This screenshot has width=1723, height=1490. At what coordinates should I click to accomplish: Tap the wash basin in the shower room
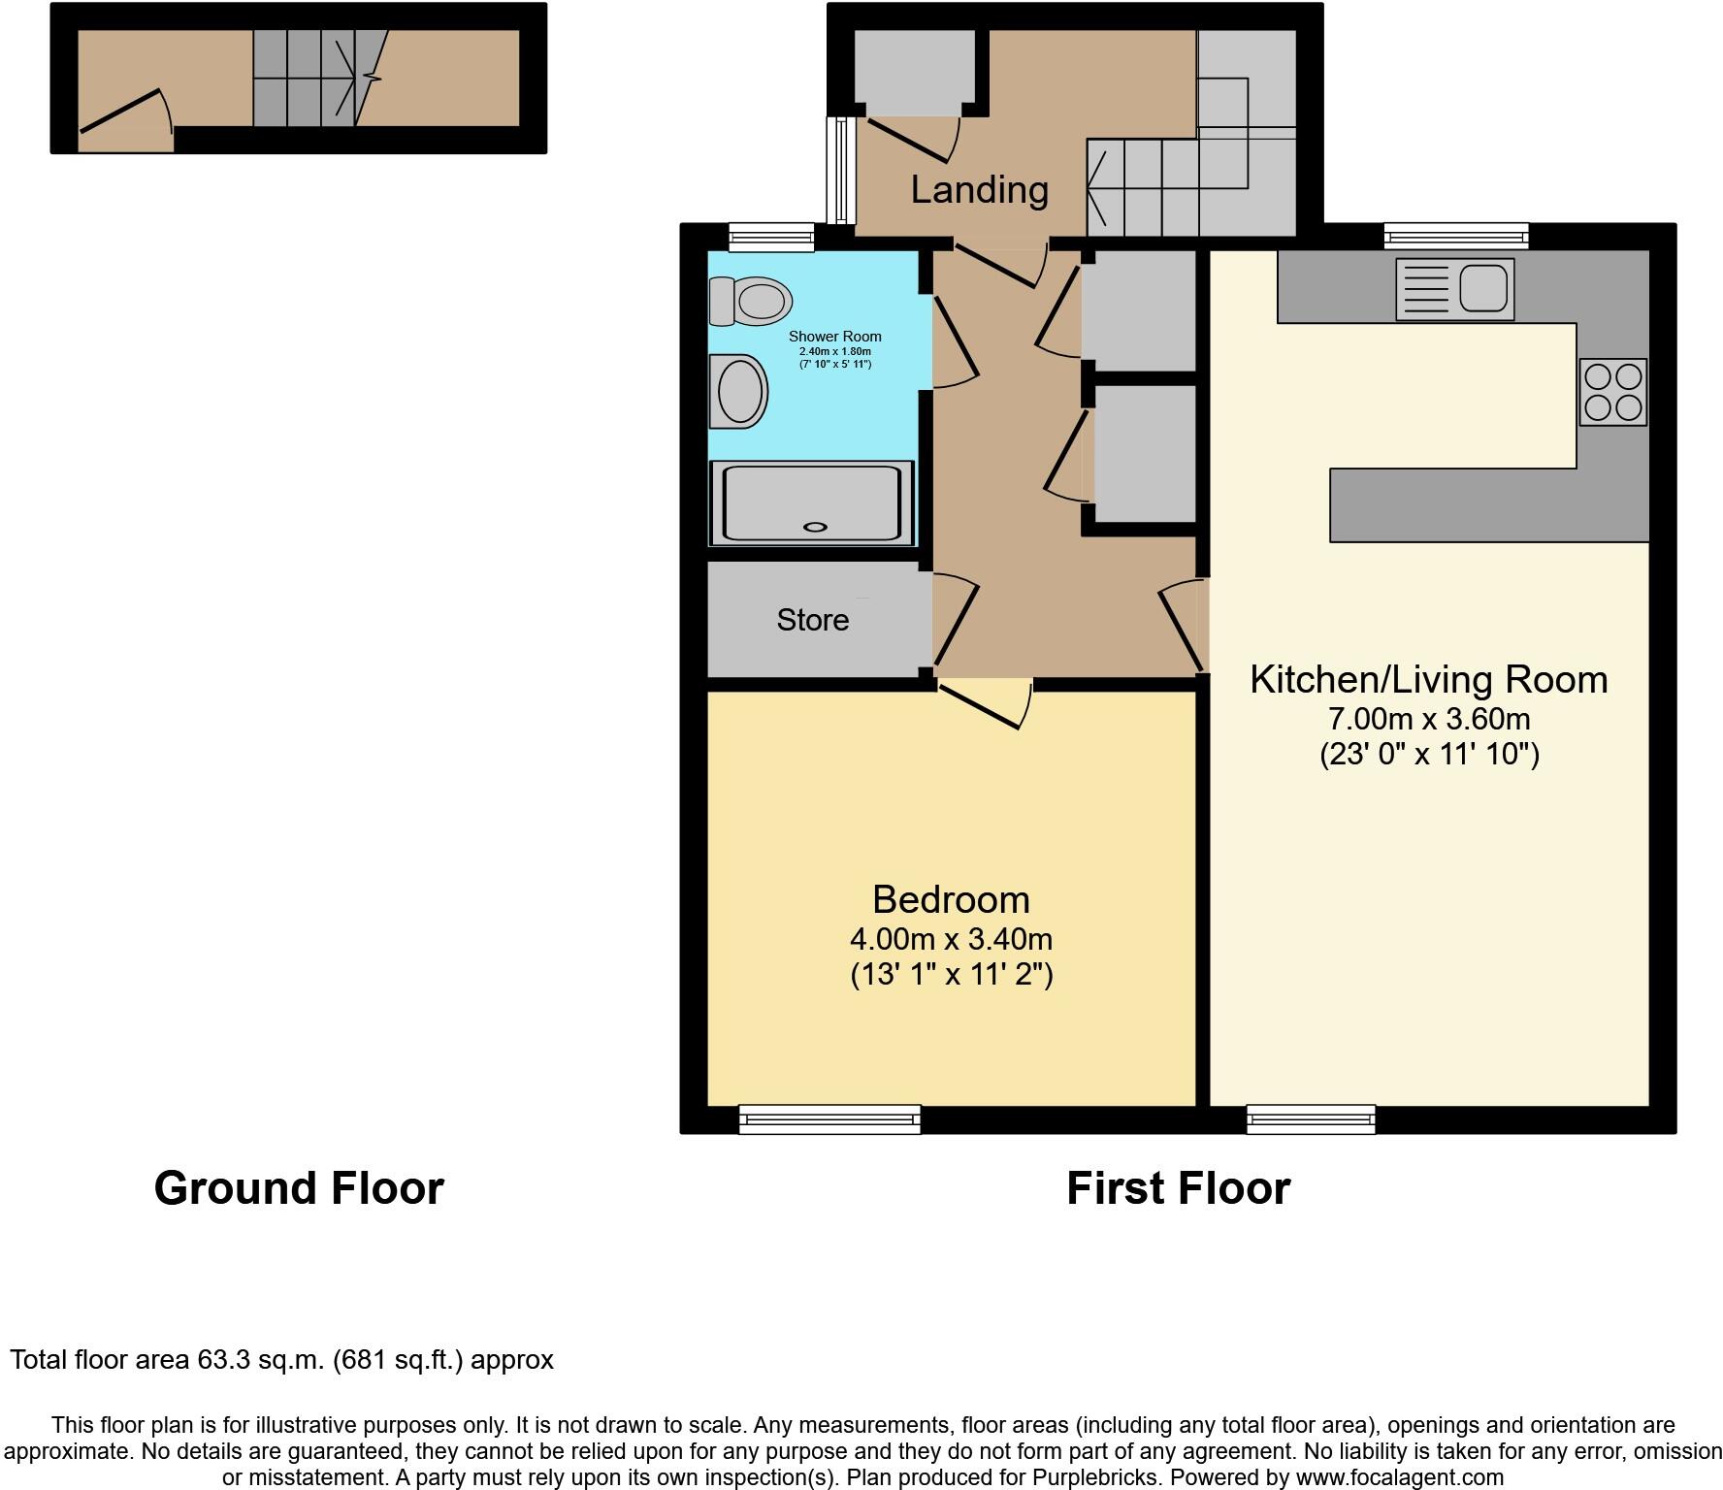739,391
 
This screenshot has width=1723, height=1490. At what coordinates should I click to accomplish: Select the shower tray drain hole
815,527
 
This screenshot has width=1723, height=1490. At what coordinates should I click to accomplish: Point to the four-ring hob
1612,392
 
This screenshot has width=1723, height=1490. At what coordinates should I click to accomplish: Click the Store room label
812,620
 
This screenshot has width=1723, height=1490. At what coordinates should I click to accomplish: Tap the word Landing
979,189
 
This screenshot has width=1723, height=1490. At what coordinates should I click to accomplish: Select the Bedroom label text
951,899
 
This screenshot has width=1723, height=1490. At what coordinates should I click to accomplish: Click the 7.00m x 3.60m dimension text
1428,719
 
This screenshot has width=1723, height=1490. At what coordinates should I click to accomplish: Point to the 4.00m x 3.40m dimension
951,939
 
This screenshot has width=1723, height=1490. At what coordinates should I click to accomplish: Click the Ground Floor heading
299,1188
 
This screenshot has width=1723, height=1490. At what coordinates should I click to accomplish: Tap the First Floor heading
1178,1188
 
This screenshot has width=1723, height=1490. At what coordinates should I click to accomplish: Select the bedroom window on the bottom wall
829,1119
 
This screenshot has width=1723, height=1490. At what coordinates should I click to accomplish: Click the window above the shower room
771,236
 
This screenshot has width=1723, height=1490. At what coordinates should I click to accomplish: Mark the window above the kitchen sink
1455,236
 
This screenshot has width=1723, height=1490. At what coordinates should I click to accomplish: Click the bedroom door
978,706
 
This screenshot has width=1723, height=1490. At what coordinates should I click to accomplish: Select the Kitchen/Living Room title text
1428,679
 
